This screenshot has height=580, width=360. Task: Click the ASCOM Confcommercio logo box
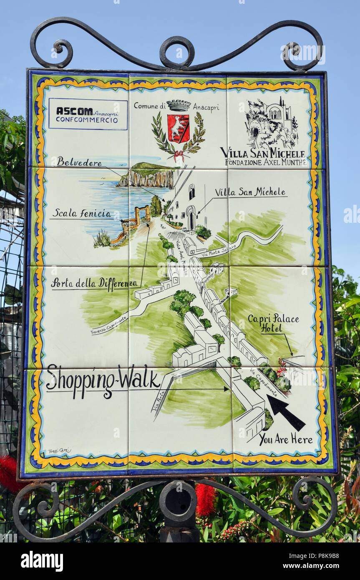pos(88,114)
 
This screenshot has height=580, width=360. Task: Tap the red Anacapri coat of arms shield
pos(179,129)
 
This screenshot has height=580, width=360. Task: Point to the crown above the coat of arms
pos(179,105)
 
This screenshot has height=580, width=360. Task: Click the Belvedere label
pos(79,162)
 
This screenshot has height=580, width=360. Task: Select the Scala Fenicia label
pos(82,214)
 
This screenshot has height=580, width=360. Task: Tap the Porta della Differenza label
pos(93,282)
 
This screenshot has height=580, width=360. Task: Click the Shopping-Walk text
pos(103,380)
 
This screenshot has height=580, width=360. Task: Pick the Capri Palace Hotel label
pos(273,323)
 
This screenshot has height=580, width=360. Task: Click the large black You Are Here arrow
pos(286,412)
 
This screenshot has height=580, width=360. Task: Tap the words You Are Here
pos(286,439)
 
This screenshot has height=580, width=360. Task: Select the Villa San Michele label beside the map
pos(250,192)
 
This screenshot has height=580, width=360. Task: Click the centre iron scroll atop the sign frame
pos(177,52)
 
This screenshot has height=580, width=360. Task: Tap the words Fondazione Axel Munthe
pos(265,162)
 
